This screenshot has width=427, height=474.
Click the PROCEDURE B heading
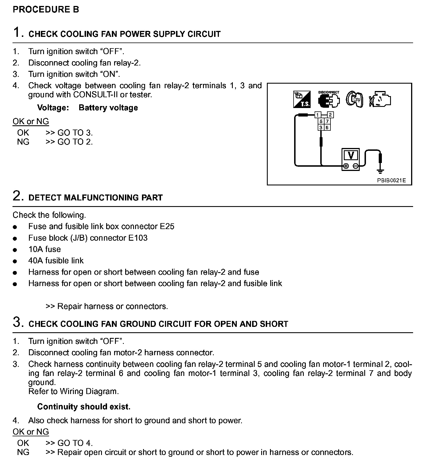coord(46,9)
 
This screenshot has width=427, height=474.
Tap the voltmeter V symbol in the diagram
coord(351,156)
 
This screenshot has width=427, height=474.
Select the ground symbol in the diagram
coord(380,171)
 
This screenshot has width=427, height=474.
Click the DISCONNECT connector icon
coord(329,100)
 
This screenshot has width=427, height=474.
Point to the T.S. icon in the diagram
coord(302,100)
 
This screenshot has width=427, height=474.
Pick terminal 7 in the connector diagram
coord(327,121)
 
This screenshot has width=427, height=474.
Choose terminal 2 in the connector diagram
coord(330,115)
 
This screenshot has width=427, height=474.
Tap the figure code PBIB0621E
coord(392,180)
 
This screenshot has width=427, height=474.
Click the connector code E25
coord(167,226)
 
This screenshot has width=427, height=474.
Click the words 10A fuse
coord(45,249)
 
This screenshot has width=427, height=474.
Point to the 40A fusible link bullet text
coord(56,261)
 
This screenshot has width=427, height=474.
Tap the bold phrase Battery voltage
coord(108,108)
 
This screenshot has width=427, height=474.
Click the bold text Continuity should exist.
coord(84,407)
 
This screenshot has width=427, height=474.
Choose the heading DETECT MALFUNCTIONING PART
coord(96,198)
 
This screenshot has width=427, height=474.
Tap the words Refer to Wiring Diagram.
coord(74,391)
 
